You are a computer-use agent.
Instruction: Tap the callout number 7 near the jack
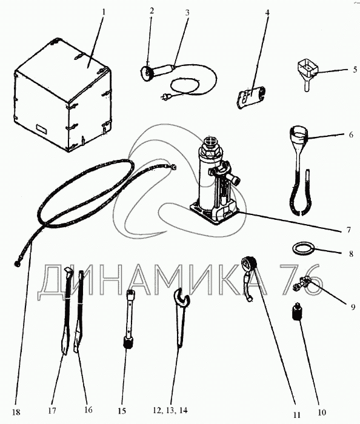[x=348, y=230]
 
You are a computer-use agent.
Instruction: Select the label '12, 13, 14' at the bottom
[x=170, y=410]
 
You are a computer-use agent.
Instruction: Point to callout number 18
[x=16, y=412]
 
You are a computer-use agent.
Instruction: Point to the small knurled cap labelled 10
[x=297, y=311]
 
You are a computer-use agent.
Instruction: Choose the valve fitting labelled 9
[x=302, y=284]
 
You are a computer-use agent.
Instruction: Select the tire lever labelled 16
[x=79, y=311]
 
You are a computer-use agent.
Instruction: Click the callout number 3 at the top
[x=187, y=13]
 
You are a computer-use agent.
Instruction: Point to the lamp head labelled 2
[x=146, y=73]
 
